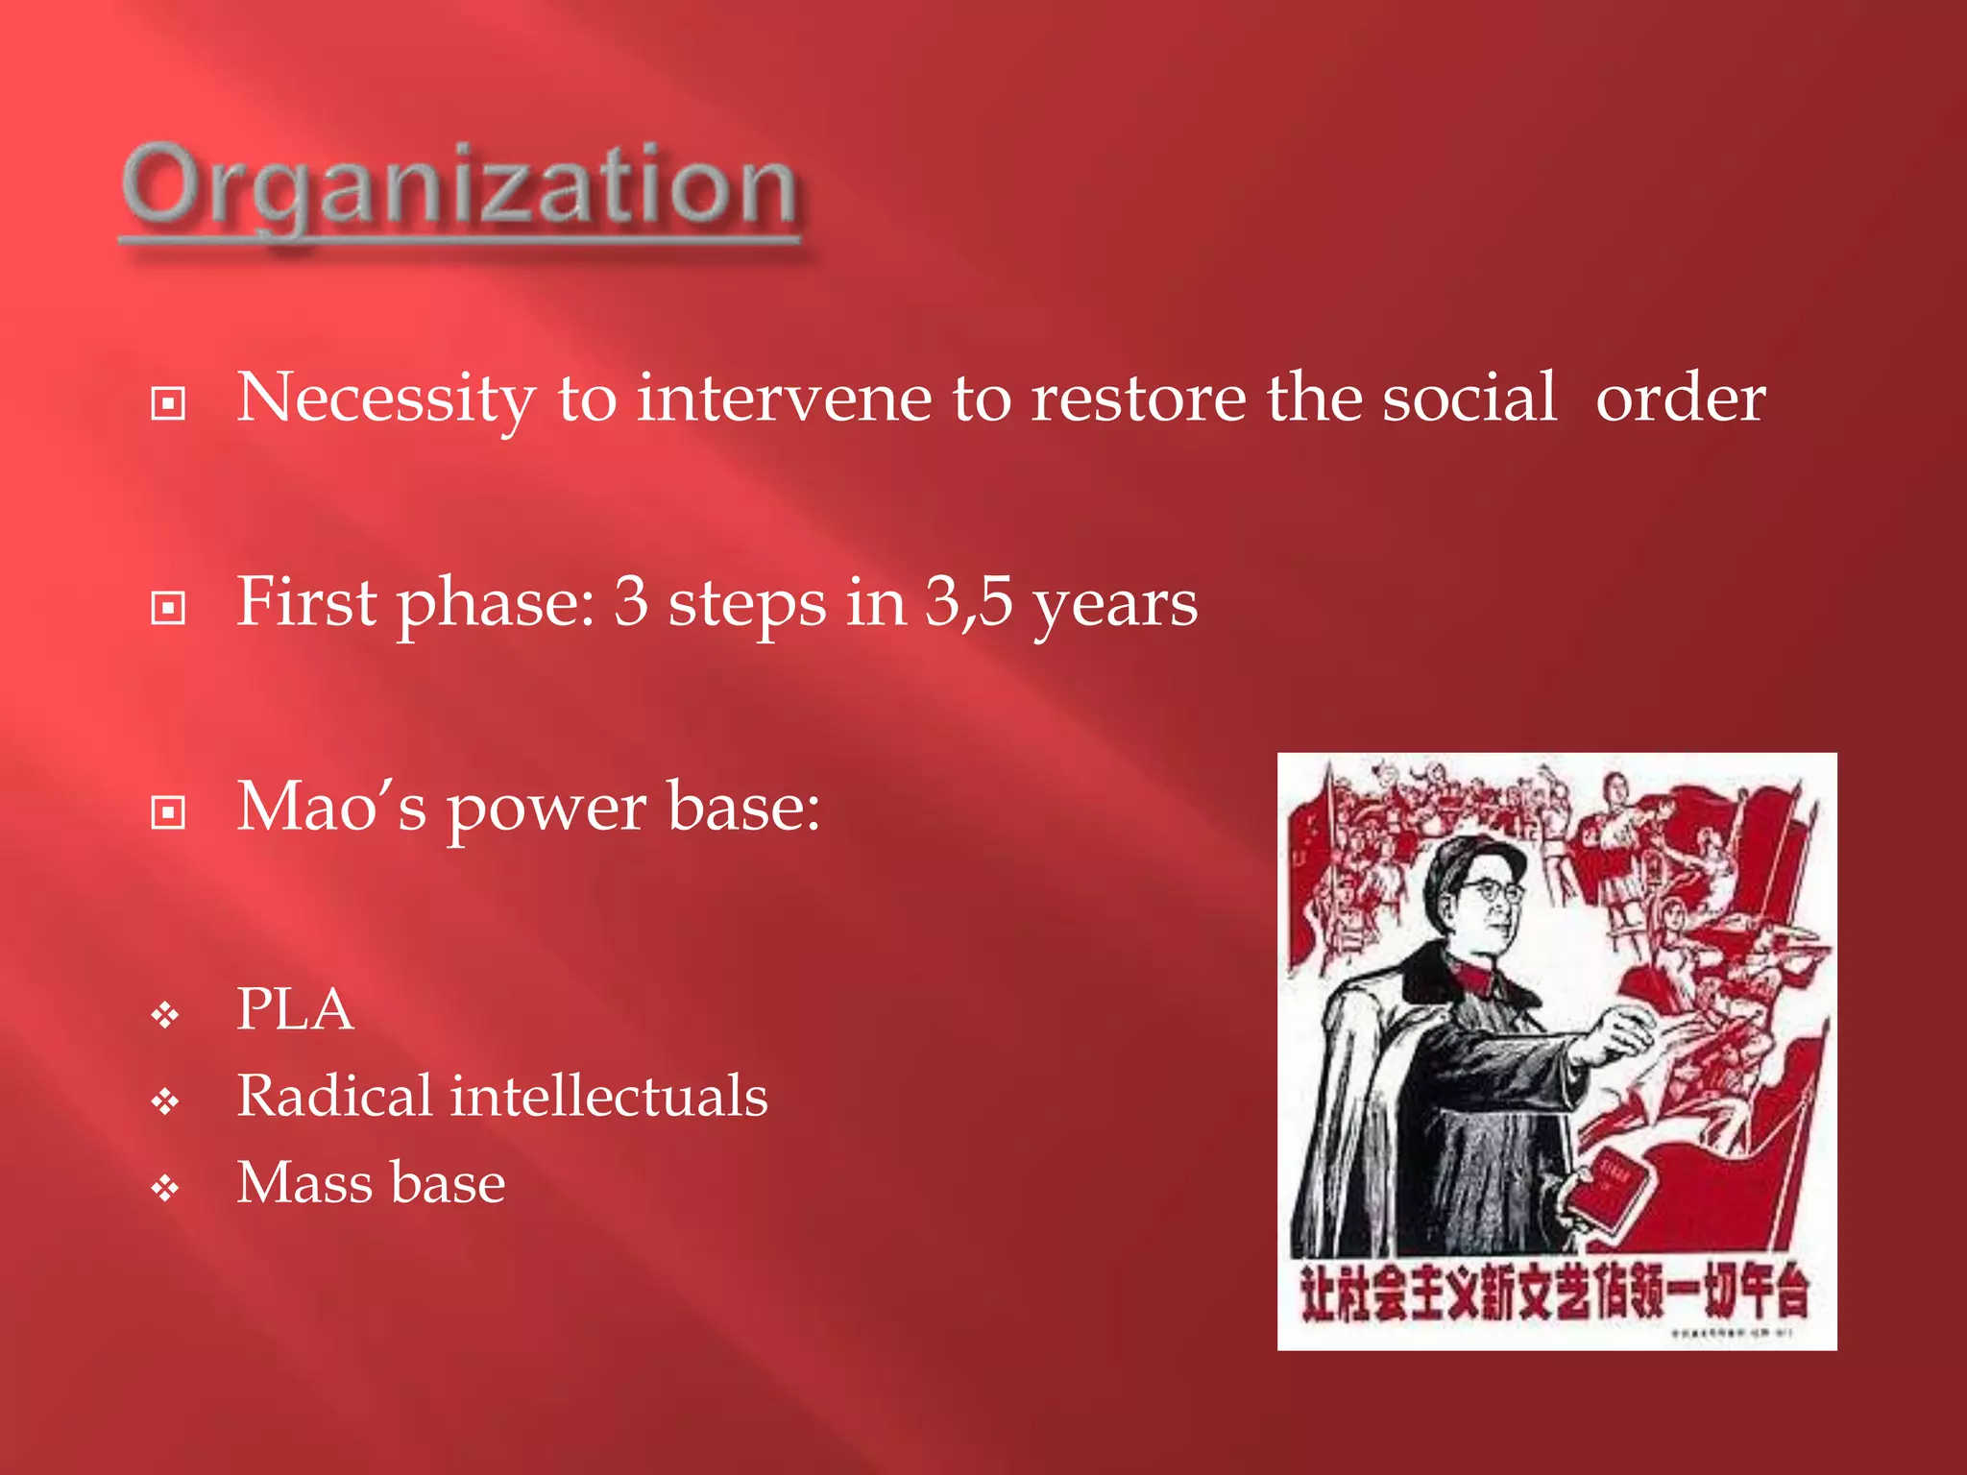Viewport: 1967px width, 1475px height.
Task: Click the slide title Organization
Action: click(459, 187)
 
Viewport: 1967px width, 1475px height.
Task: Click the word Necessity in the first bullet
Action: click(385, 399)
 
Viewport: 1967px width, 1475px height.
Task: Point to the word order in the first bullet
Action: click(1680, 399)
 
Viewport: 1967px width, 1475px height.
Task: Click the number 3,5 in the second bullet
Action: click(967, 603)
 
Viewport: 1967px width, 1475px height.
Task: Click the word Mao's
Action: click(330, 807)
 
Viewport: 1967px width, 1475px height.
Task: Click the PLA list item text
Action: click(295, 1010)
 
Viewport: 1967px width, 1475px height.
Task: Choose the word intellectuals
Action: click(609, 1097)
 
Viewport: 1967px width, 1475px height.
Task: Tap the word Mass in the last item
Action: click(304, 1183)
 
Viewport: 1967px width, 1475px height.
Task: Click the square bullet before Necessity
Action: click(168, 403)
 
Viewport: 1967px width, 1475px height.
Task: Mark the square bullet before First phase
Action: click(168, 608)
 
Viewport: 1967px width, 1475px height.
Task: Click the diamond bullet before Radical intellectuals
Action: click(165, 1101)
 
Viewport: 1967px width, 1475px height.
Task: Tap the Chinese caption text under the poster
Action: click(1553, 1294)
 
